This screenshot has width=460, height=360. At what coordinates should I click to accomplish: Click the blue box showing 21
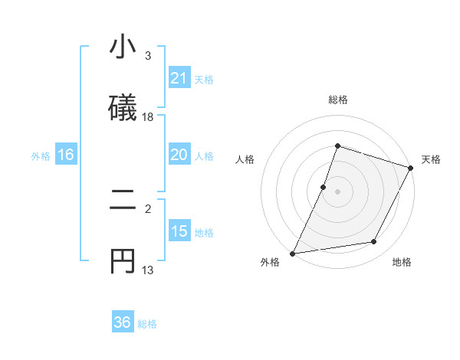point(179,78)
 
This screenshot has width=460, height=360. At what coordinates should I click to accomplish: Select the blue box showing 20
point(179,155)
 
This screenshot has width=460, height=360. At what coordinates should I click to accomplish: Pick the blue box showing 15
point(179,231)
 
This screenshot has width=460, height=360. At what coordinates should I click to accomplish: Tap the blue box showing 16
point(65,155)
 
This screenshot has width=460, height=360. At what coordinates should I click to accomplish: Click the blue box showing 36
point(123,322)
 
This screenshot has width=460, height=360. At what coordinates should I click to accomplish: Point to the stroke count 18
point(148,116)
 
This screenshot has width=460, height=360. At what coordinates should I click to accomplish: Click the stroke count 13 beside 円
point(148,270)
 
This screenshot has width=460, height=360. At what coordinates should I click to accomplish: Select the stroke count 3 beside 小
point(148,55)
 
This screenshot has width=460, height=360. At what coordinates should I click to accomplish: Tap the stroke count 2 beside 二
point(148,208)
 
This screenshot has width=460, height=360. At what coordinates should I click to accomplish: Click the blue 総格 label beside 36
point(147,324)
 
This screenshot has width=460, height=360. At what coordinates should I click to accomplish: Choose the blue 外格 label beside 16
point(41,156)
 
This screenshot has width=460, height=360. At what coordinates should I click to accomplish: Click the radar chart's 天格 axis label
point(431,159)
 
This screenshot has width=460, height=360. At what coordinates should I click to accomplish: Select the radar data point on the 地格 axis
point(374,242)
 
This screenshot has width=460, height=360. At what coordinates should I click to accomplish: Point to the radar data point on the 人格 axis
point(324,187)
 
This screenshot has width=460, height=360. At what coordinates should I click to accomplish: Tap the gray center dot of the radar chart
point(337,191)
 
